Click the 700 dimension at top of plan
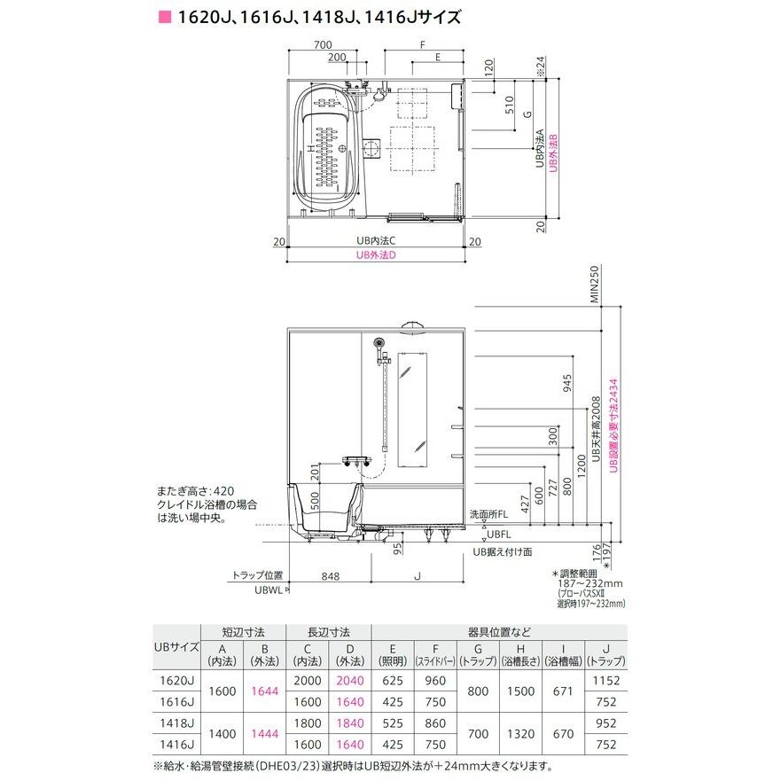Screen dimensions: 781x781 (323, 43)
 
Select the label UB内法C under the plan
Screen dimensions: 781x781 (376, 240)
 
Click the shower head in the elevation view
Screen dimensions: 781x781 (379, 344)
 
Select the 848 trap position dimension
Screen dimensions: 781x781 (331, 576)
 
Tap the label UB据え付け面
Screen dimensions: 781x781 (502, 551)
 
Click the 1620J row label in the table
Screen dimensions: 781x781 (178, 681)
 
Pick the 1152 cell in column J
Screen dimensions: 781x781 (606, 681)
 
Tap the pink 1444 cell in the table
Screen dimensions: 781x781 (264, 734)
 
